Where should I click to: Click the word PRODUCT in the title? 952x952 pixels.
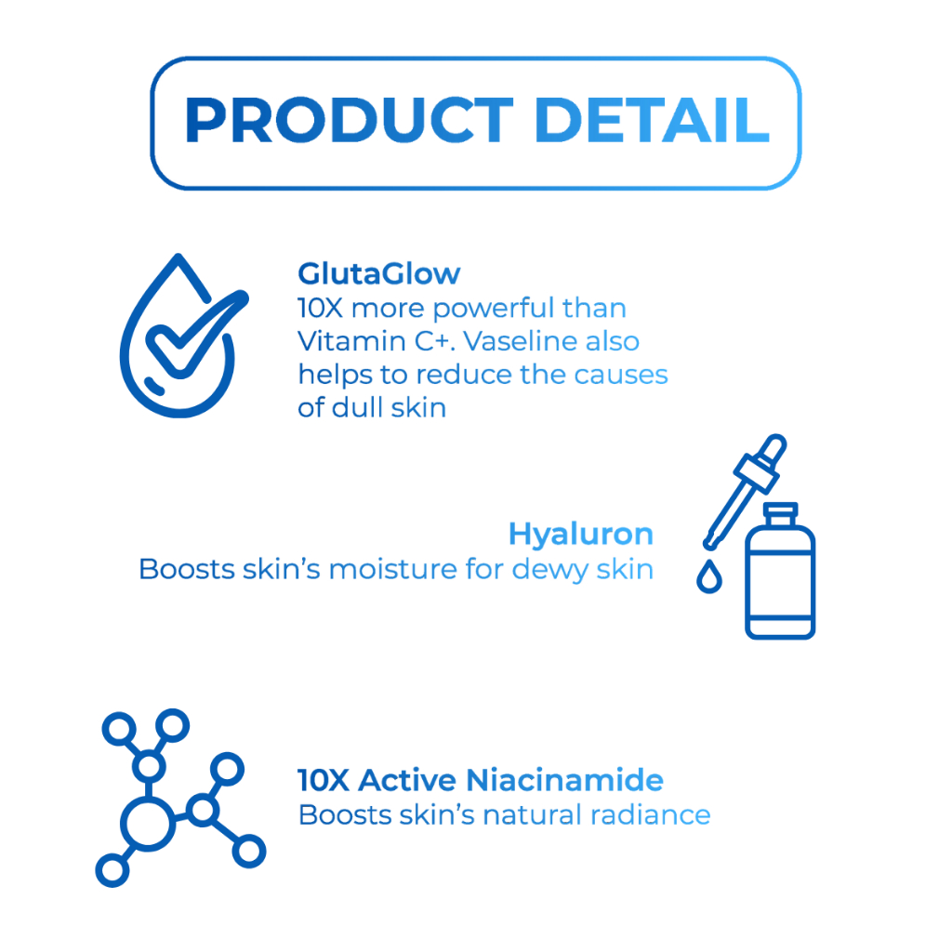(350, 120)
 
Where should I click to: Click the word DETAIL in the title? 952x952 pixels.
(653, 120)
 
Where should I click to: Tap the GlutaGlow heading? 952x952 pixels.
(379, 274)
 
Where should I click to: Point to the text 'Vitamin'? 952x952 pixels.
(351, 341)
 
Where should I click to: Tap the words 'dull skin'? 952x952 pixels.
(389, 407)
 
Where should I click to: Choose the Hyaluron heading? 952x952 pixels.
(580, 535)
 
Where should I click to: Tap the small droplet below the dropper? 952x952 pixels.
(709, 576)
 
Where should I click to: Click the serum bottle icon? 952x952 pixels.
(780, 571)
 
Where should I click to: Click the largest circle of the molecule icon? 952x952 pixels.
(149, 824)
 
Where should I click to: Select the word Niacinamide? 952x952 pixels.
(564, 780)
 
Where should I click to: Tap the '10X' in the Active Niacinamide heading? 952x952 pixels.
(324, 780)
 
